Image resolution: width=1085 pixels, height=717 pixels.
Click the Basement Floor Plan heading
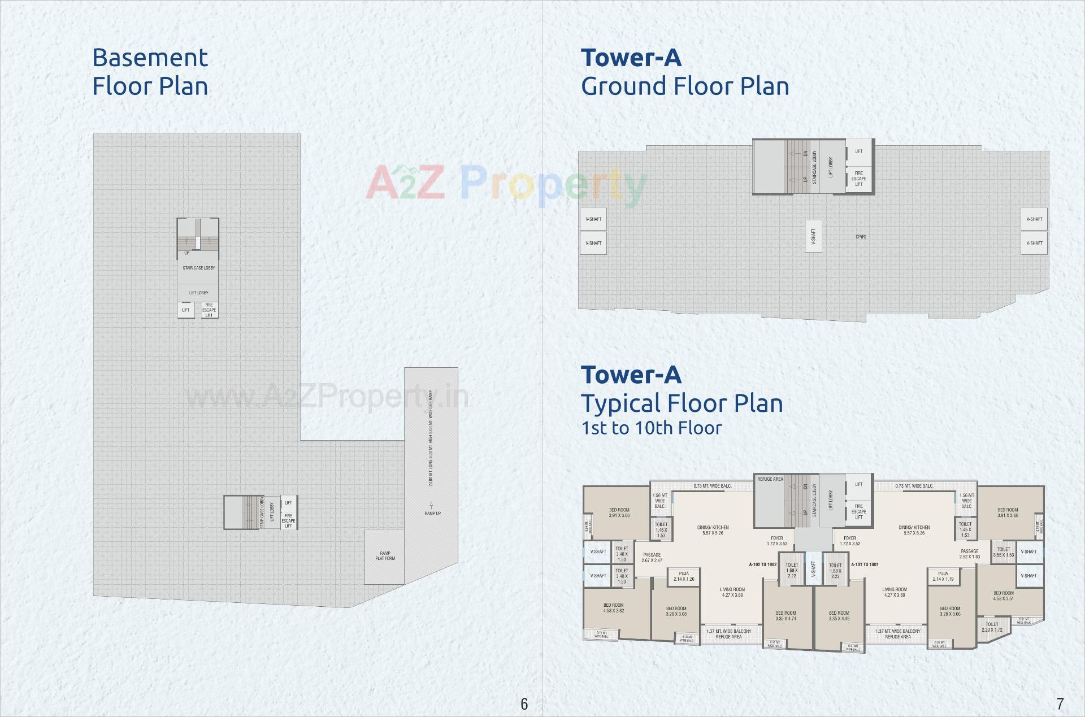click(x=150, y=72)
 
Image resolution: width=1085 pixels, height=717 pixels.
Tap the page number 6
click(x=524, y=703)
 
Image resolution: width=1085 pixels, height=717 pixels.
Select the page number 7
click(x=1060, y=703)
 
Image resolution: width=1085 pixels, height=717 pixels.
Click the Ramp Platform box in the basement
click(x=385, y=556)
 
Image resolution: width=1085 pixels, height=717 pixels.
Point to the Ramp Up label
click(x=432, y=513)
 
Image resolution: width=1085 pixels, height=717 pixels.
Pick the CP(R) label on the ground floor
click(x=861, y=237)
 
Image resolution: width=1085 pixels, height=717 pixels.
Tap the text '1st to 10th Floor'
click(x=652, y=428)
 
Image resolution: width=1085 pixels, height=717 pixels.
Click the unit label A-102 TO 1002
click(x=762, y=564)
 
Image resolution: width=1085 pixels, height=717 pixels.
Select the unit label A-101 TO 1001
click(x=865, y=564)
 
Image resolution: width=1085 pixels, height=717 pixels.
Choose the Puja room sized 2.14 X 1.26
click(x=684, y=576)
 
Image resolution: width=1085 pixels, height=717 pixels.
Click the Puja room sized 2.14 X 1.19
click(x=943, y=576)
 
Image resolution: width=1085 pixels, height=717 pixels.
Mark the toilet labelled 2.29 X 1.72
click(x=992, y=627)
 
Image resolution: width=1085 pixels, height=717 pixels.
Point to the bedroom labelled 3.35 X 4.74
click(x=785, y=616)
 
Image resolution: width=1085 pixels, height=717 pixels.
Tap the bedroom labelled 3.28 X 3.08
click(x=676, y=611)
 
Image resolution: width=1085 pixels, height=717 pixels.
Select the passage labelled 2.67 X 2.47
click(x=652, y=558)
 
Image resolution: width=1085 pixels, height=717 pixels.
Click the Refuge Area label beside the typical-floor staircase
click(x=770, y=479)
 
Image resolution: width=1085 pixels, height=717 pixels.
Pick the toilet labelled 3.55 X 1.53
click(x=1004, y=552)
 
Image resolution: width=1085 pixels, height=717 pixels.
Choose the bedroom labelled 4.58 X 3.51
click(x=1003, y=596)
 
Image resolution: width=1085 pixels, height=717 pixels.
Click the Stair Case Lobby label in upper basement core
click(x=198, y=268)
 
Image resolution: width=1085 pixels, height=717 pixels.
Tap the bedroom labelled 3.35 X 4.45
click(x=839, y=616)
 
